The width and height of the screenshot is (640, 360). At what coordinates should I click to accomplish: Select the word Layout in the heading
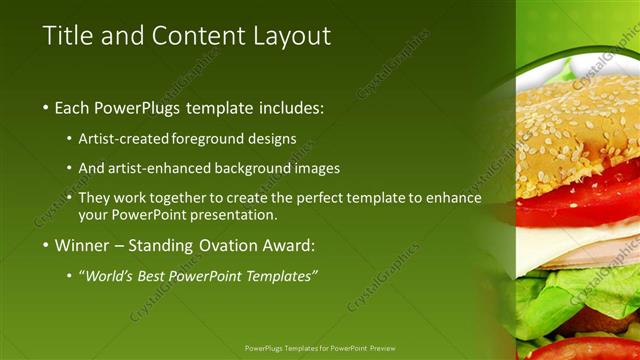(289, 37)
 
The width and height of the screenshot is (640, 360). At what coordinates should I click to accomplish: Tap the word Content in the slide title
(195, 36)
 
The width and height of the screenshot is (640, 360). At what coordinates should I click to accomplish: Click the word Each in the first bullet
(72, 107)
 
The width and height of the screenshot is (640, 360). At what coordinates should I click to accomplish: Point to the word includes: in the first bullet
(291, 107)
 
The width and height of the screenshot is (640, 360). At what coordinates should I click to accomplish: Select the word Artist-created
(123, 138)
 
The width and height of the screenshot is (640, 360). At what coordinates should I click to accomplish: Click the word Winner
(83, 245)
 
